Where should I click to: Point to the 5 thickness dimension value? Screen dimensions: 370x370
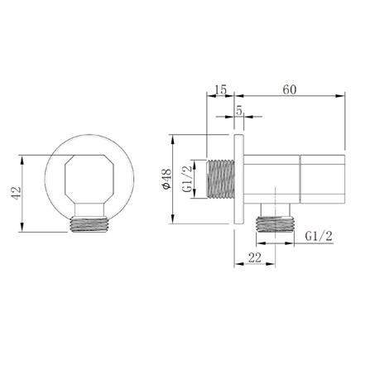coord(238,109)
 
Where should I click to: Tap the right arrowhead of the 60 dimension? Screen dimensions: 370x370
coord(339,97)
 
